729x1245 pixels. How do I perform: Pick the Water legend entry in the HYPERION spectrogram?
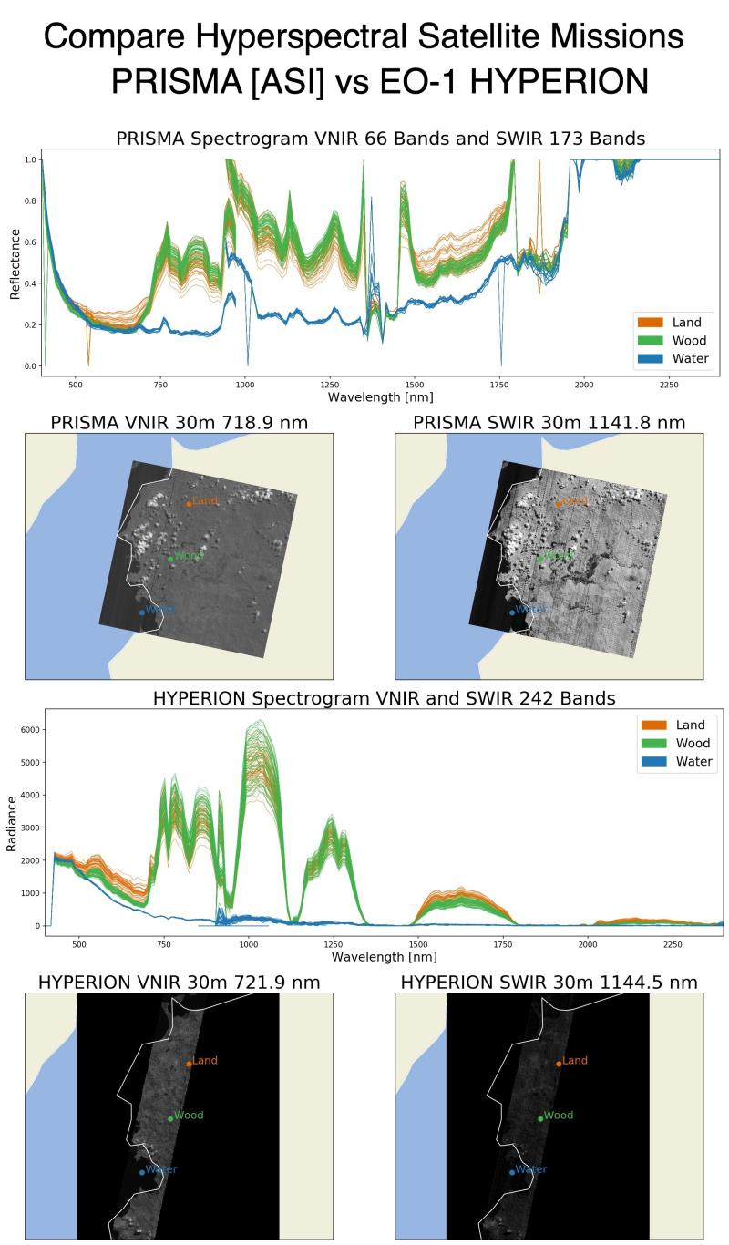point(693,761)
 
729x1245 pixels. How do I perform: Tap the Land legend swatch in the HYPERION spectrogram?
point(656,725)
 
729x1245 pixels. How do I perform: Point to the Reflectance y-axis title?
point(15,263)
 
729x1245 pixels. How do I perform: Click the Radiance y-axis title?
point(12,822)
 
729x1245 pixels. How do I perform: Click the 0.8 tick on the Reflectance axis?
point(28,201)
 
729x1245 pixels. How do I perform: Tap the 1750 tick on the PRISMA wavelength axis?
point(500,384)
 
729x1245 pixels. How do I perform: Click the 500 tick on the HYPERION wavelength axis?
point(78,943)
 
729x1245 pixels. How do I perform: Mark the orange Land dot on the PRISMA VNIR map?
point(189,503)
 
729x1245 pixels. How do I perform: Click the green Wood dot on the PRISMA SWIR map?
point(540,559)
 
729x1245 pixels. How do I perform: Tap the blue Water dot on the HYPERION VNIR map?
point(141,1172)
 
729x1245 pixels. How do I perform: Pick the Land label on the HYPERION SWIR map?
point(575,1061)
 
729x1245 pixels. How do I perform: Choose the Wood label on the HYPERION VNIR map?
point(189,1116)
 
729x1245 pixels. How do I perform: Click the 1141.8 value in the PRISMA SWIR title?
point(631,422)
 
